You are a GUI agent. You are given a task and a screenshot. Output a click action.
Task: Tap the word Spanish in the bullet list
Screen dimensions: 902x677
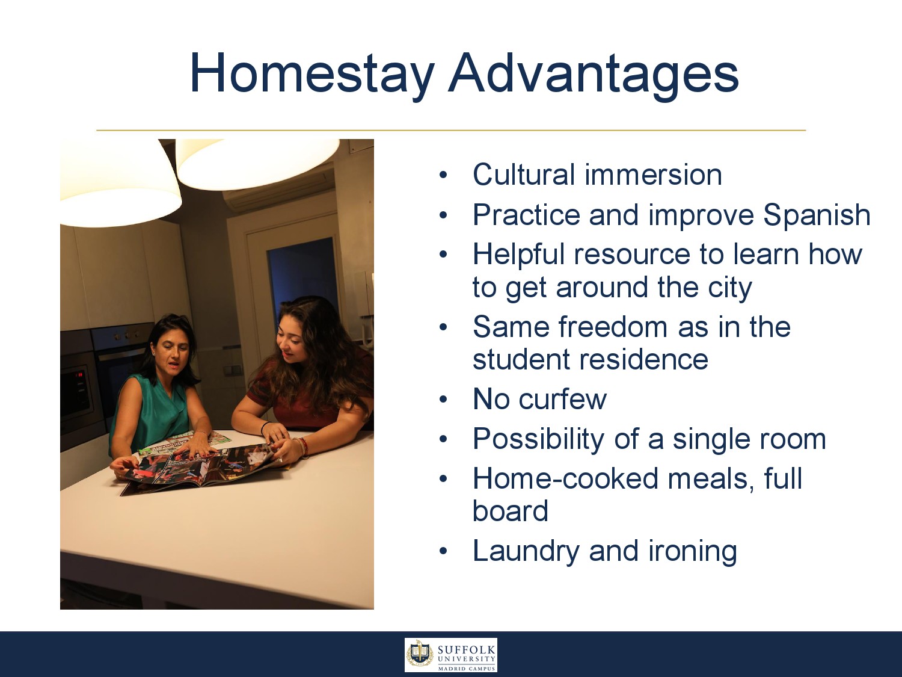(x=817, y=215)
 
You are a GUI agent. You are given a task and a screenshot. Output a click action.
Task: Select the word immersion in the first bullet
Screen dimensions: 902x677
(x=653, y=175)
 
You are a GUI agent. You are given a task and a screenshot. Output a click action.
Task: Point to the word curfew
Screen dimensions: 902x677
(x=563, y=399)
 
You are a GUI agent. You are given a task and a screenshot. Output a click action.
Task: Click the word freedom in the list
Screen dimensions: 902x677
(x=613, y=327)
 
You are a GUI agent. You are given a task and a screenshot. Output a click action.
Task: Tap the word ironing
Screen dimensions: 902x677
(x=692, y=552)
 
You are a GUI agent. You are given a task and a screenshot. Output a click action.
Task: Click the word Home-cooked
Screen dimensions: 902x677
(x=565, y=478)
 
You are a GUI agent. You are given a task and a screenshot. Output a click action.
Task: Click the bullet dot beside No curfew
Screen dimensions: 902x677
(x=443, y=400)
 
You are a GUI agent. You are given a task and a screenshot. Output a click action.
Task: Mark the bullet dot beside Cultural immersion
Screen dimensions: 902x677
(x=443, y=176)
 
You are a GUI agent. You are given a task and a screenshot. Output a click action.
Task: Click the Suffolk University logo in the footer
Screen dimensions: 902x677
(x=451, y=655)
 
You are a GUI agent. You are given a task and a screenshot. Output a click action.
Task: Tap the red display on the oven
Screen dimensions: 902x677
(x=80, y=374)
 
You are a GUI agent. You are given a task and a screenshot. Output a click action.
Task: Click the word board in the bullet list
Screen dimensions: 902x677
(x=511, y=510)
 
